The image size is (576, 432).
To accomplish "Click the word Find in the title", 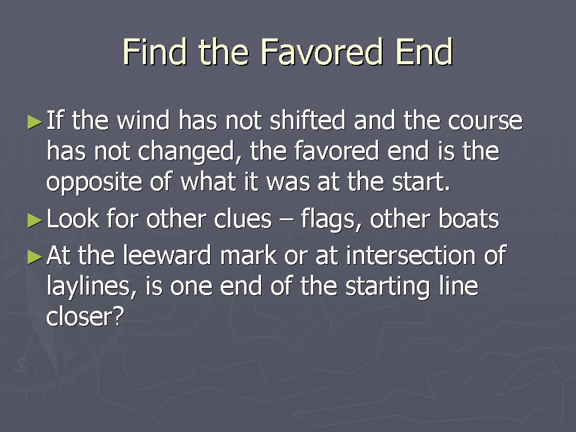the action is pos(155,52).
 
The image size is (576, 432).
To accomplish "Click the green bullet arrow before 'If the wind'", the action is pos(35,122).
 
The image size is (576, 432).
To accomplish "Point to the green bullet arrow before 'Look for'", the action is pos(35,220).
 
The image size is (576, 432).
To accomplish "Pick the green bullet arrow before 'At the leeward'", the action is pos(35,257).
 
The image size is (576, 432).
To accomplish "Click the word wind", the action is pos(143,120).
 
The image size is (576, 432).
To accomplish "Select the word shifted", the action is pos(308,120).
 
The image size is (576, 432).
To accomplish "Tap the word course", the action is pos(485,121).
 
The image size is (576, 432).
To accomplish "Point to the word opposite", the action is pos(94,182).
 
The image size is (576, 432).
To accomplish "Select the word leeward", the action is pos(167,256).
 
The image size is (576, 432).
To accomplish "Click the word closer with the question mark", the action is pos(83,317).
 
